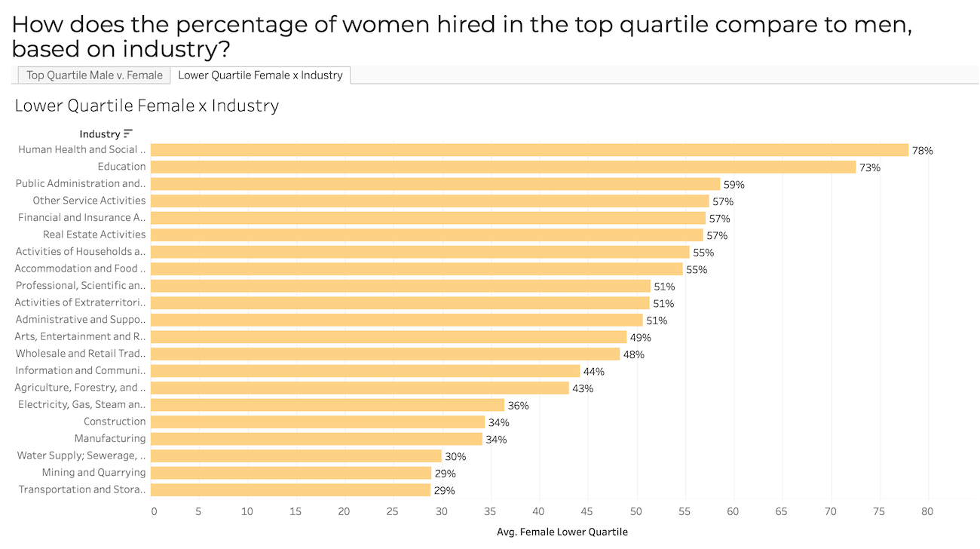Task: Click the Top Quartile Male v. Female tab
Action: (x=94, y=75)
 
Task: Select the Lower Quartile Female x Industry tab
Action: (x=260, y=75)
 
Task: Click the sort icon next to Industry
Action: (x=128, y=133)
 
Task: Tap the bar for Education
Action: (x=503, y=167)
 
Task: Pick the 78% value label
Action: (x=922, y=150)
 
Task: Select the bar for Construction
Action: (x=317, y=422)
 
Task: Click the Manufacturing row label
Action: (x=110, y=438)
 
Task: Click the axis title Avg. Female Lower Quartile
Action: (x=562, y=532)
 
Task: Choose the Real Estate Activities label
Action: (x=94, y=235)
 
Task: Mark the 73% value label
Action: (x=870, y=167)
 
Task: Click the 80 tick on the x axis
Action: (x=927, y=511)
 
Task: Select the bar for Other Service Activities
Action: (x=430, y=201)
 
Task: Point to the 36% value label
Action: (x=518, y=405)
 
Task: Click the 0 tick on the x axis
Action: (x=154, y=511)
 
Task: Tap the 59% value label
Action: (x=733, y=184)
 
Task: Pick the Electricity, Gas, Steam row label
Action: (x=81, y=404)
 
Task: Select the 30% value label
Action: (x=455, y=456)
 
